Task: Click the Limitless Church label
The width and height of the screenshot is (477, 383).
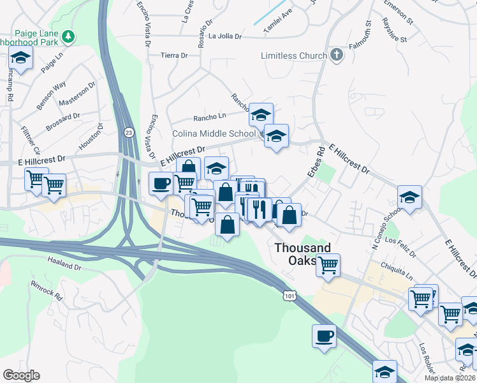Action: pos(294,56)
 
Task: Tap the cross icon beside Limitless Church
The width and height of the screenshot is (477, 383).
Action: pos(337,56)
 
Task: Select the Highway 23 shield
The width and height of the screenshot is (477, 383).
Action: pos(129,132)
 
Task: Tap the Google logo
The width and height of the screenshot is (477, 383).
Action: pos(22,375)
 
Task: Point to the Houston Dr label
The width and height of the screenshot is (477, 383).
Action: pos(91,139)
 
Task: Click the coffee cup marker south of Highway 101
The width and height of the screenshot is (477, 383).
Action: pos(324,336)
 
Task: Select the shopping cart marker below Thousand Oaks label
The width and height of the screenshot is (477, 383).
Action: pos(328,265)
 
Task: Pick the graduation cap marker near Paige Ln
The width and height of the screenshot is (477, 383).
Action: pos(21,59)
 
